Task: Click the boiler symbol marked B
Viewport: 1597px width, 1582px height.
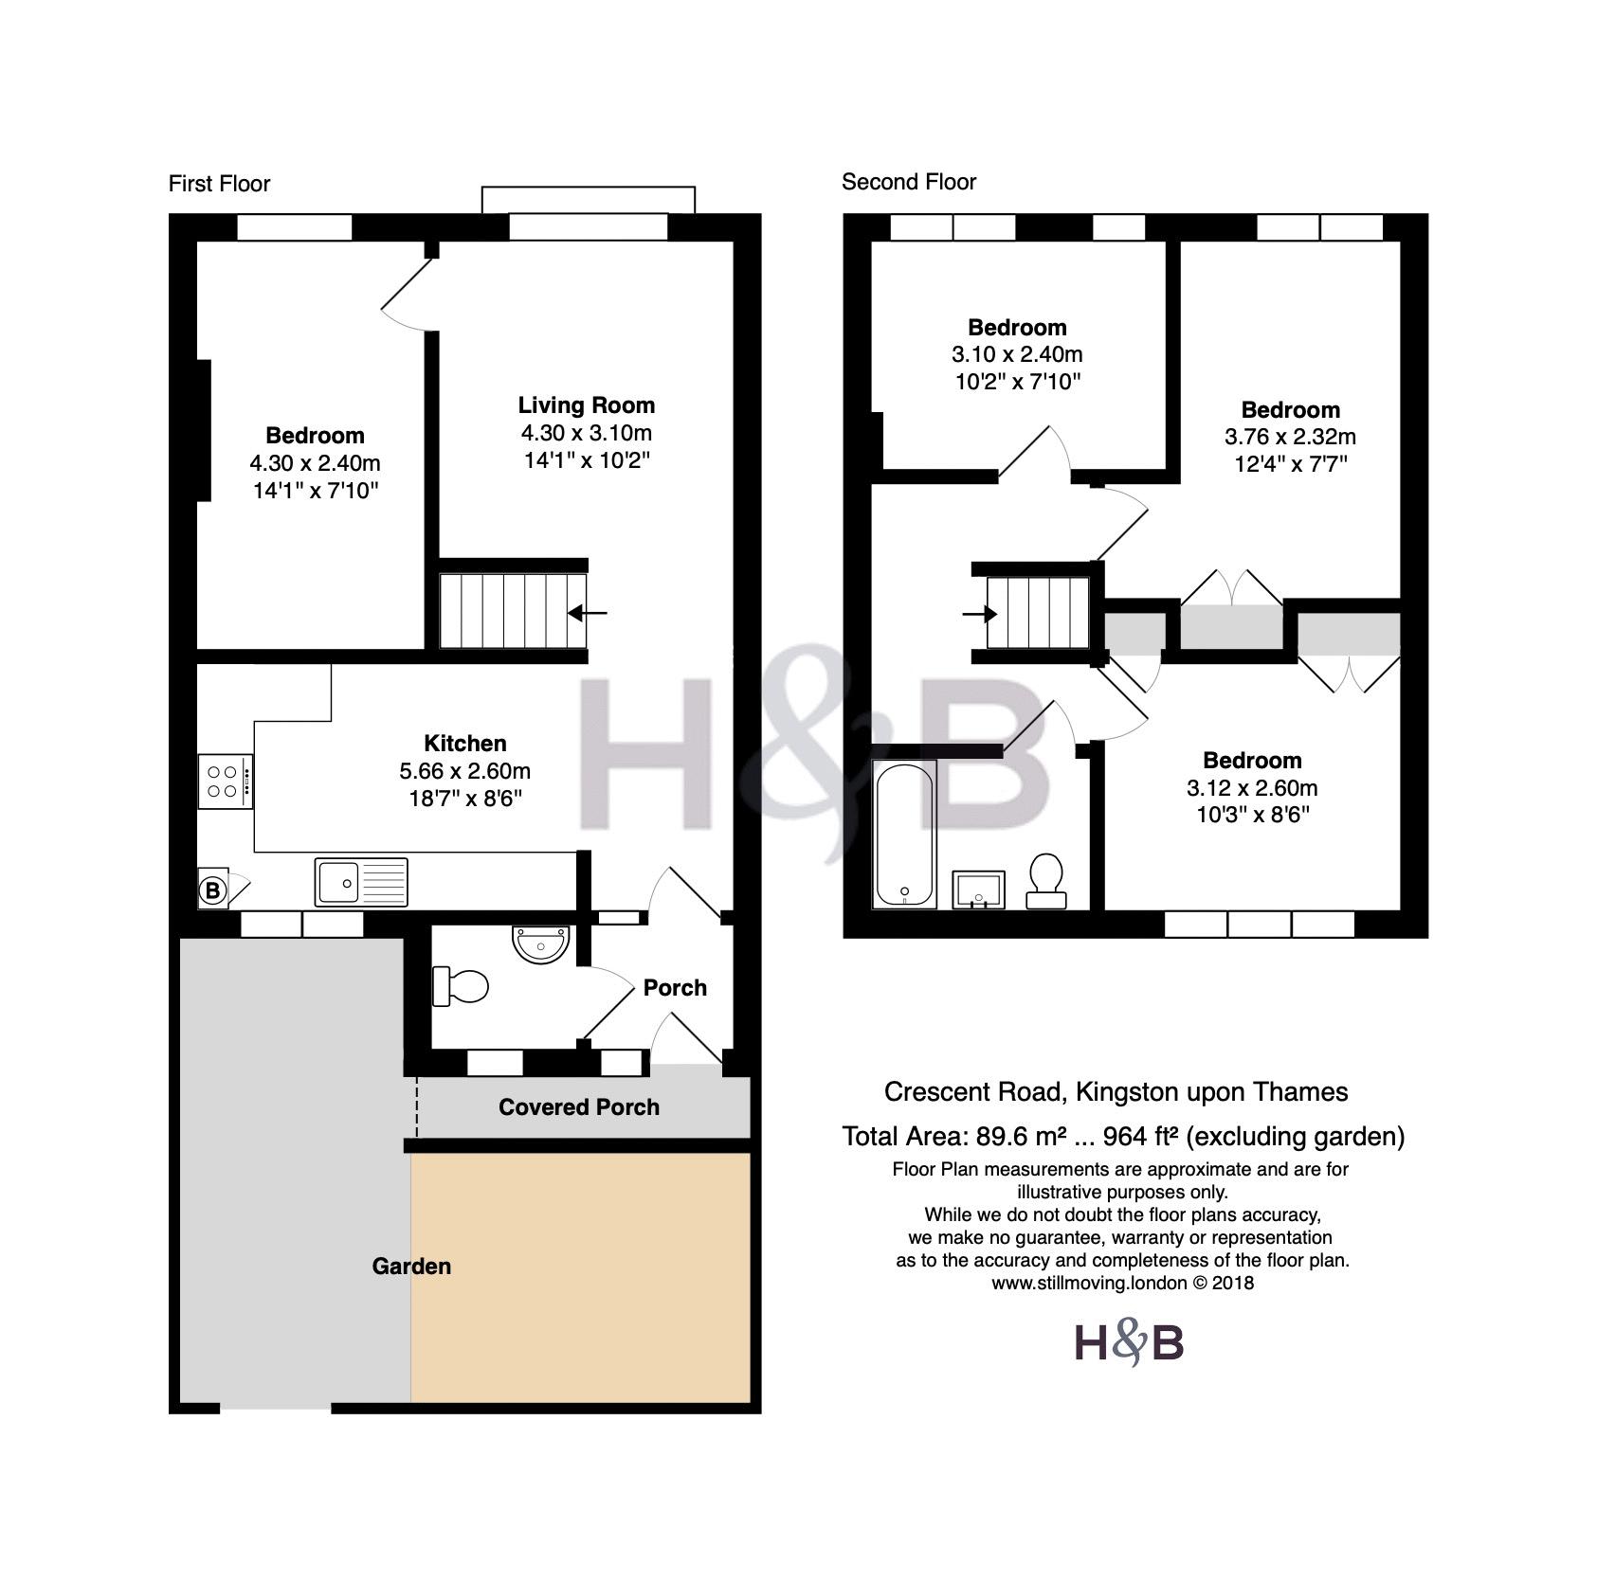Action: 212,890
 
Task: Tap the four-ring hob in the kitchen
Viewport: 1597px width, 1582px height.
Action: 226,781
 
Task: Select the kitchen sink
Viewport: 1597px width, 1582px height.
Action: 361,882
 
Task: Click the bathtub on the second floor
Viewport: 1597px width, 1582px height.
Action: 905,835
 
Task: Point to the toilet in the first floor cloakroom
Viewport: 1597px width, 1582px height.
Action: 460,986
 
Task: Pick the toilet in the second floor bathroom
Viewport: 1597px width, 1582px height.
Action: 1045,882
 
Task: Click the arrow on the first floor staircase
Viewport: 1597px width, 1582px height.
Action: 588,613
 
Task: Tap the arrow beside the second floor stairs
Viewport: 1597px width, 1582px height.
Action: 980,615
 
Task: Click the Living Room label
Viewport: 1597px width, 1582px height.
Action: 587,405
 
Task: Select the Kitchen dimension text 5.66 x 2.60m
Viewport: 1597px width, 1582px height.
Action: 464,771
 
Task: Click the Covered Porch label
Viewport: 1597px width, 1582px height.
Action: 579,1107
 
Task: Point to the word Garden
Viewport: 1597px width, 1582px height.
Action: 411,1267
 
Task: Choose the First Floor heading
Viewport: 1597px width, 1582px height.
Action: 219,184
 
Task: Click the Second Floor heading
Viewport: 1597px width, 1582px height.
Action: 909,182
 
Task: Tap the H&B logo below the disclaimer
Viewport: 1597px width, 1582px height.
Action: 1129,1344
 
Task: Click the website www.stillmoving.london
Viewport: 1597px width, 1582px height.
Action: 1089,1284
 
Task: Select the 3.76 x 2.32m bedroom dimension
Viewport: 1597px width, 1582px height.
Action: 1290,437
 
